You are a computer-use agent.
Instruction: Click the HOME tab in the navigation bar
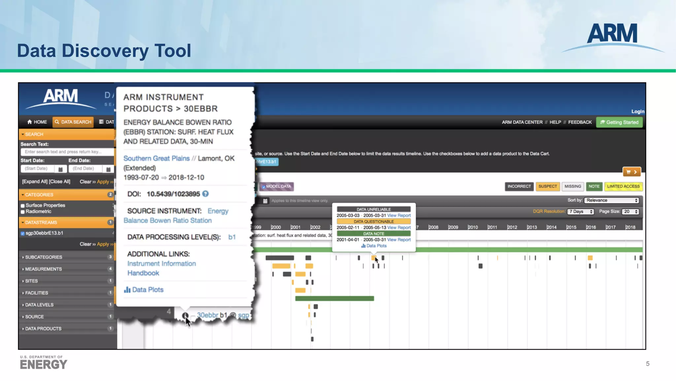(37, 122)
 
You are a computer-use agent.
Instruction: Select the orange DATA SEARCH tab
(73, 122)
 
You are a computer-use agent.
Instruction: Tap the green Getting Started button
(619, 122)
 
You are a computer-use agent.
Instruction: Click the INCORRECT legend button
(519, 187)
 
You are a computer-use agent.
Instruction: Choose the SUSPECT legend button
(548, 187)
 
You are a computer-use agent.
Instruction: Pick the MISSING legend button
(572, 187)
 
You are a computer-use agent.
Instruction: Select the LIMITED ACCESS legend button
(623, 187)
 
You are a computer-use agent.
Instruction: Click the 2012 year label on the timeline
(512, 228)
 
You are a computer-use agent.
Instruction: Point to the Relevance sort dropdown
(612, 200)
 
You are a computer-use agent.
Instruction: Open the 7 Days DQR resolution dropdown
(581, 212)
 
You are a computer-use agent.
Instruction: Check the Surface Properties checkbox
(23, 206)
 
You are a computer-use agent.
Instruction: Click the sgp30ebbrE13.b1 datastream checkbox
(23, 233)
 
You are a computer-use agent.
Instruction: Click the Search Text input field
(67, 152)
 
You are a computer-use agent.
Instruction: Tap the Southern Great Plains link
(156, 158)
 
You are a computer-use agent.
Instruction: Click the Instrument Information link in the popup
(161, 264)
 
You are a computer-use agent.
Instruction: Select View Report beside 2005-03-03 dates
(399, 216)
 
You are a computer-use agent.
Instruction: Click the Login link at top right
(637, 111)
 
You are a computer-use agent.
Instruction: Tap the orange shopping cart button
(631, 172)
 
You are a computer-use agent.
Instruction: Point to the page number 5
(648, 364)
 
